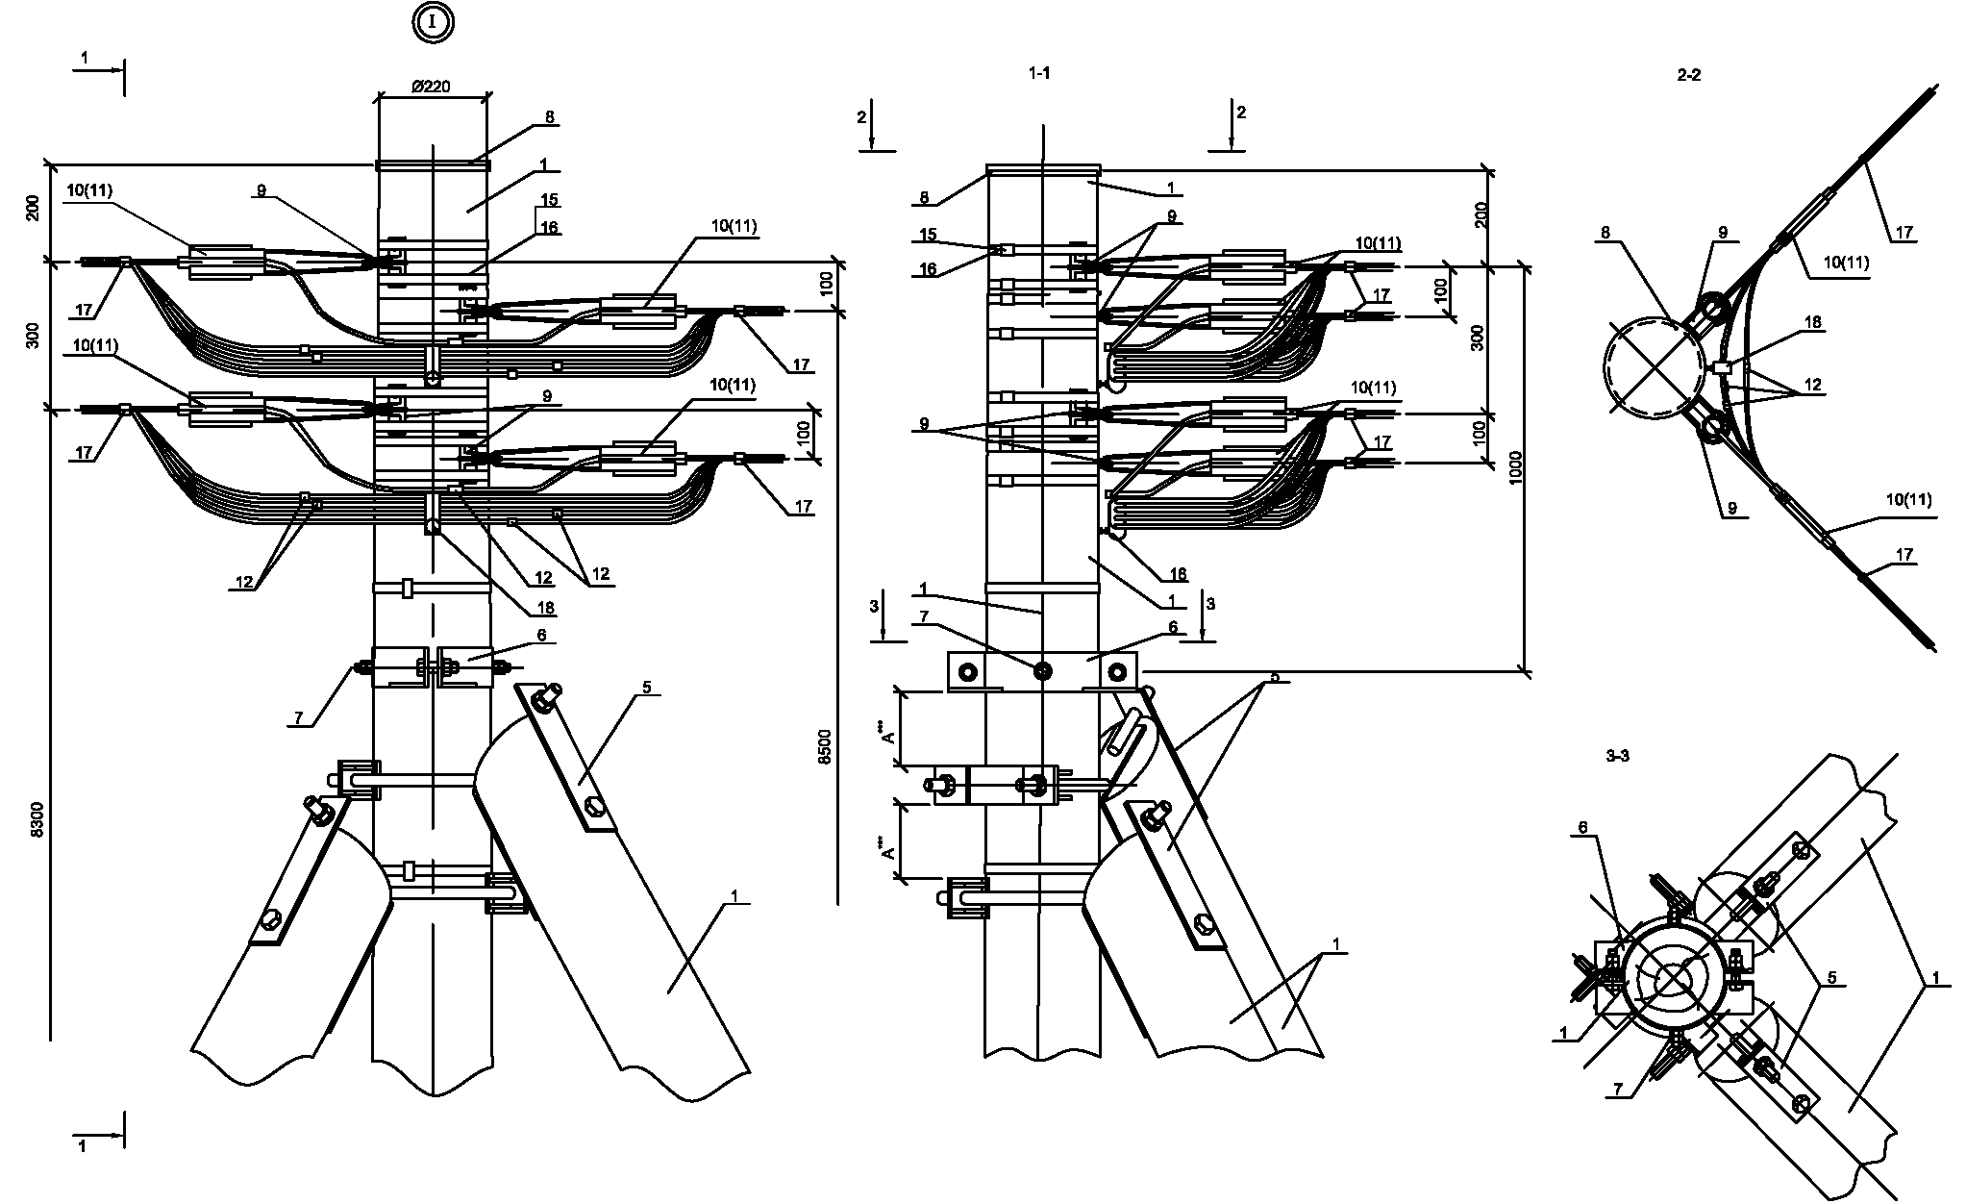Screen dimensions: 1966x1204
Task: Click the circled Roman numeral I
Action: (x=433, y=23)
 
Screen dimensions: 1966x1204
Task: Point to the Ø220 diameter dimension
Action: (x=432, y=87)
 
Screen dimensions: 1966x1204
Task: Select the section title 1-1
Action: (x=1039, y=73)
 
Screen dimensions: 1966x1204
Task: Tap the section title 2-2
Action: (x=1688, y=75)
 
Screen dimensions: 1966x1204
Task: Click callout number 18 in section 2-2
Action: (x=1813, y=323)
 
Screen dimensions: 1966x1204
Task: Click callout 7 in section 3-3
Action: (x=1618, y=1090)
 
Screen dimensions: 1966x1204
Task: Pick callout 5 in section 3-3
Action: (x=1831, y=978)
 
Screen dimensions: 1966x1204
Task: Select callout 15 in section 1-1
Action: (x=929, y=234)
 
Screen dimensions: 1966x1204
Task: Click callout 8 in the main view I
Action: (x=549, y=117)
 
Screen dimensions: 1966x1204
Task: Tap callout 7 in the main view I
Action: (x=300, y=717)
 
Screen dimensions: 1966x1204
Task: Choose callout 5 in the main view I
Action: (x=646, y=687)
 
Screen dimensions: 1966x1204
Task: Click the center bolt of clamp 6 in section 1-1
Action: (x=1042, y=670)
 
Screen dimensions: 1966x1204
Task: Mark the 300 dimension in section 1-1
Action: (x=1479, y=337)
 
